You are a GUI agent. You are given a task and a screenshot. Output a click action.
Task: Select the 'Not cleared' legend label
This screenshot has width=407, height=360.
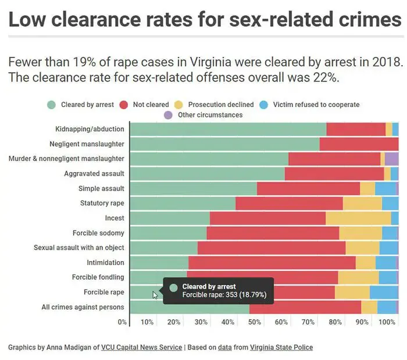click(151, 105)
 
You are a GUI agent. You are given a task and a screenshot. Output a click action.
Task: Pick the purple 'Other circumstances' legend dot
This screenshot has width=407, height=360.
click(168, 115)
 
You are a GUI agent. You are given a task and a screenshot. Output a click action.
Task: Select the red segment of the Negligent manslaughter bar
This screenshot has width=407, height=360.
click(359, 144)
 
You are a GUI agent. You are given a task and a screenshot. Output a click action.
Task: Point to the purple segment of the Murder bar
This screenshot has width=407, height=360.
click(391, 159)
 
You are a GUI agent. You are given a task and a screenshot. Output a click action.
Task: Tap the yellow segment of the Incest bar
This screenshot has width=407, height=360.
click(358, 218)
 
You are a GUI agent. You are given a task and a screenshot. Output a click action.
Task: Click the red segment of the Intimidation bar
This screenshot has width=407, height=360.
click(272, 263)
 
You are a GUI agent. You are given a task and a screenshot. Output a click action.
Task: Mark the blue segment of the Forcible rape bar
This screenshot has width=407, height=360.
click(384, 293)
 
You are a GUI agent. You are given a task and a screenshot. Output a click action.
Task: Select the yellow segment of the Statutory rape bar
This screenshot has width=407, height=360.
click(362, 203)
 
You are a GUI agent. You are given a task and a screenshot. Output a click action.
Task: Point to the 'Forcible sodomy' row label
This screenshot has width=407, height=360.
click(98, 233)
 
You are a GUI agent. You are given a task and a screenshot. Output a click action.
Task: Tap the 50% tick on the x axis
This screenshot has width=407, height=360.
click(255, 322)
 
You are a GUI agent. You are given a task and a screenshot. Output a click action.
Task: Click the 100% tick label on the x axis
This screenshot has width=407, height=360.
click(387, 322)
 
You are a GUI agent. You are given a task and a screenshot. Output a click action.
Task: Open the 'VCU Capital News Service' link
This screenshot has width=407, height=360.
click(141, 347)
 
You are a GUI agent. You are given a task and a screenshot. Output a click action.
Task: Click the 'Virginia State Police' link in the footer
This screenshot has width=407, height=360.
click(281, 347)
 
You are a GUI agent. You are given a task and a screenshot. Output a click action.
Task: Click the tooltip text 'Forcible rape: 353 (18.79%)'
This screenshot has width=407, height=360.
click(224, 295)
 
